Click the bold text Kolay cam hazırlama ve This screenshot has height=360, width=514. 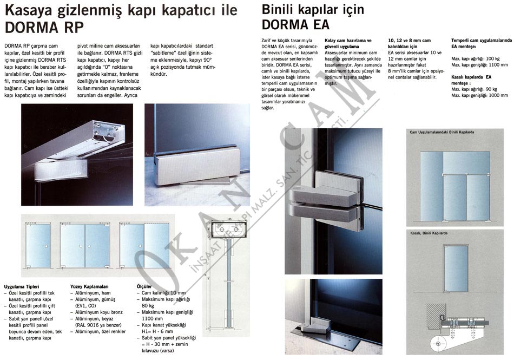point(348,41)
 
